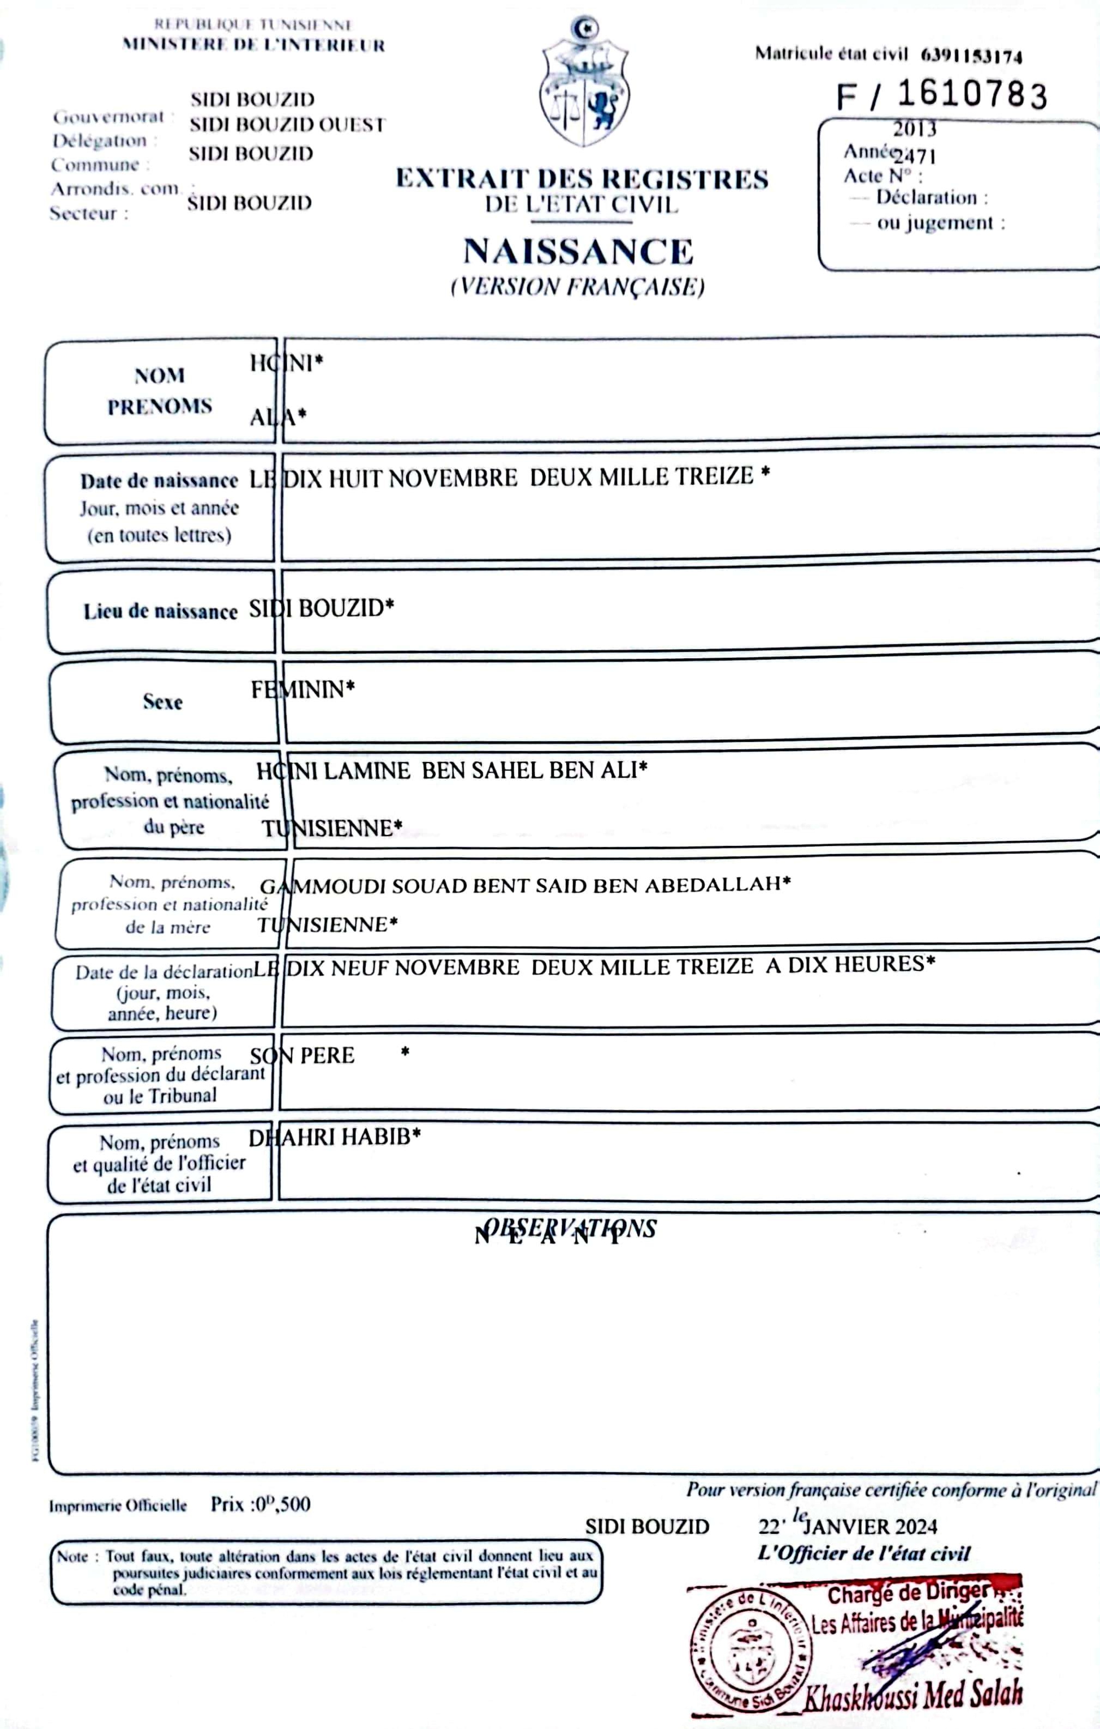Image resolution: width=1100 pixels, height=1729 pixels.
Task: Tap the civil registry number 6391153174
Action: click(971, 55)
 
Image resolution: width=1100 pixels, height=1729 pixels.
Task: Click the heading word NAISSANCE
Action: click(578, 252)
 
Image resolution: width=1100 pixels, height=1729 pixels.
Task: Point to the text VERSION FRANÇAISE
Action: click(578, 287)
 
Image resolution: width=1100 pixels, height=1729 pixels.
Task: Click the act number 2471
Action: click(915, 156)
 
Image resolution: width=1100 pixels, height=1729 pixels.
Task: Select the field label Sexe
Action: click(162, 702)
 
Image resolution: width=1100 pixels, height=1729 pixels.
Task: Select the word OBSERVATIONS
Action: click(570, 1229)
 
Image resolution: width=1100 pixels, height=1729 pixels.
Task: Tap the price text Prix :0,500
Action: click(261, 1504)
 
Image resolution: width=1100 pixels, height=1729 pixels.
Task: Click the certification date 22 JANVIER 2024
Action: click(847, 1526)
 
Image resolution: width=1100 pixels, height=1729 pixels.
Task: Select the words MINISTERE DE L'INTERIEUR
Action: click(253, 45)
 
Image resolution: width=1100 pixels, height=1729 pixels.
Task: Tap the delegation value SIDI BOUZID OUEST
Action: click(287, 125)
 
